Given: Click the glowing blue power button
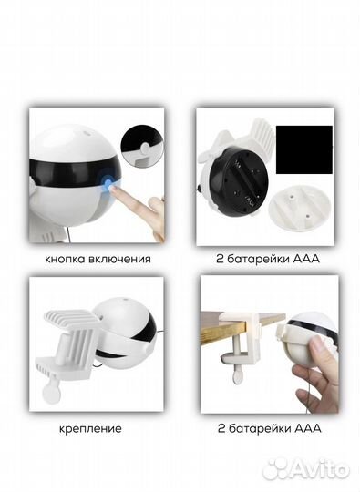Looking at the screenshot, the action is (108, 183).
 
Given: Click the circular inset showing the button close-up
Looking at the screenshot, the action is (142, 145).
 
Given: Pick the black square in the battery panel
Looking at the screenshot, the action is (303, 149).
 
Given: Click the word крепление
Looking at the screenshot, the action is (90, 428).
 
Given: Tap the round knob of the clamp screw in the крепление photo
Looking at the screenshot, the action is (51, 394).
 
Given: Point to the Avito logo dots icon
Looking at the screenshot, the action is (275, 470).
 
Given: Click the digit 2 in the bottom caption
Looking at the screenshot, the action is (221, 428).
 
